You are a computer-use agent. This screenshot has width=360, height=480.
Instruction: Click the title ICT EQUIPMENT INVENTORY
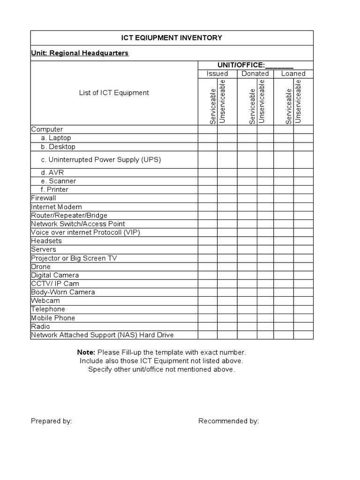tap(172, 38)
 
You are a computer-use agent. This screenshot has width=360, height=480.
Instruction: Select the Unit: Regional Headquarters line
tap(80, 53)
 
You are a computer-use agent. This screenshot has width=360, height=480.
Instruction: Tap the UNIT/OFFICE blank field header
tap(255, 65)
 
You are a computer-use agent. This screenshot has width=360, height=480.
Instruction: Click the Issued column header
tap(217, 74)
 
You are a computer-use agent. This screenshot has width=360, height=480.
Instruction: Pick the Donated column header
tap(255, 74)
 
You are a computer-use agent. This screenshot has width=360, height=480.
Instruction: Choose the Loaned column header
tap(293, 74)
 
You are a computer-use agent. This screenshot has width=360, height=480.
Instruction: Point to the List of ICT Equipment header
tap(114, 93)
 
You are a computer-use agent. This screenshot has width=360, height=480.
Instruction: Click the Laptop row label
tap(56, 138)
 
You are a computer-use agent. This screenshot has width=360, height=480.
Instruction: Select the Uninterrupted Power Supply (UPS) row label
tap(101, 159)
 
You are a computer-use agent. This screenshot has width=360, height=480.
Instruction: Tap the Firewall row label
tap(43, 198)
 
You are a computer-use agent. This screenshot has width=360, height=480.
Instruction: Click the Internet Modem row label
tap(56, 207)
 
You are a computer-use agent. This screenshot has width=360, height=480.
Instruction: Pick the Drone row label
tap(41, 267)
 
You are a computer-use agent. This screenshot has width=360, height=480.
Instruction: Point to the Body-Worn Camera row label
tap(63, 292)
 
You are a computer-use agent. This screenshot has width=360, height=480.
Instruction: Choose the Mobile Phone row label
tap(53, 318)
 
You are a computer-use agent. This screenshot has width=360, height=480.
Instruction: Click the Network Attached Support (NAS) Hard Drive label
tap(102, 335)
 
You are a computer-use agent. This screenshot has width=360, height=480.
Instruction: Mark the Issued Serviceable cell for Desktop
tap(207, 147)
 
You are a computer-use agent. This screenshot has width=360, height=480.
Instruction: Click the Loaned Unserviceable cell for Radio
tap(303, 326)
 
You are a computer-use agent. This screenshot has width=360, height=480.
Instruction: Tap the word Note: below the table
tap(86, 352)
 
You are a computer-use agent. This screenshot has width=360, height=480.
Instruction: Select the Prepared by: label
tap(51, 421)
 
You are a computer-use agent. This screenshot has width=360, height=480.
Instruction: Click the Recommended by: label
tap(228, 421)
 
